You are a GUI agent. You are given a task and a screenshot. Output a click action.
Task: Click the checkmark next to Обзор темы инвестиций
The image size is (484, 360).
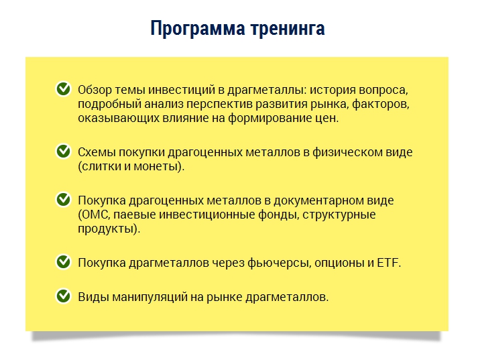63,88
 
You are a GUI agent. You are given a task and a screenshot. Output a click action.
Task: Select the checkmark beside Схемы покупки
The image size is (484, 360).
63,152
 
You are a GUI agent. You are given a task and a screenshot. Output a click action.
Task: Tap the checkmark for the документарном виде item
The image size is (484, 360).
63,200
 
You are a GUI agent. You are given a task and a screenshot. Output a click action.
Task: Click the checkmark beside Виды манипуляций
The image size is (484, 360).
63,295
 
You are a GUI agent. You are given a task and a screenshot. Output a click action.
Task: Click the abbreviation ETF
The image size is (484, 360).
388,263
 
